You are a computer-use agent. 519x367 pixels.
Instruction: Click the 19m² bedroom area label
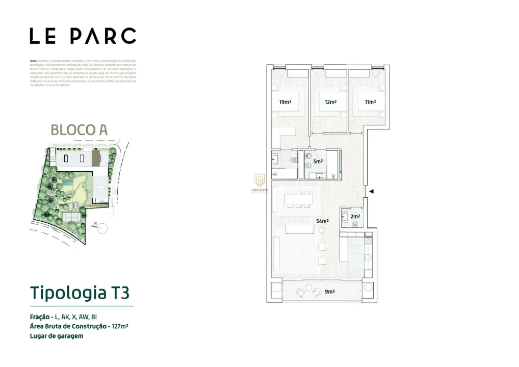tap(285, 102)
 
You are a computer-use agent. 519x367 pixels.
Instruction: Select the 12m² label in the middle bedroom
tap(330, 102)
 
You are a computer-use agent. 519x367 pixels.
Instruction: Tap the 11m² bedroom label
tap(370, 102)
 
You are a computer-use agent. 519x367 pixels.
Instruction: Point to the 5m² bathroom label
tap(318, 161)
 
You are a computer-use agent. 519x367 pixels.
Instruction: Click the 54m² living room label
tap(322, 221)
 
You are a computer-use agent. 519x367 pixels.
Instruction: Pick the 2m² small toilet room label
tap(355, 216)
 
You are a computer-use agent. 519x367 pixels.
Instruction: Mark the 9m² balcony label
tap(330, 292)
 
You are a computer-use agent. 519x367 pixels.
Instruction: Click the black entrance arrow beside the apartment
tap(372, 192)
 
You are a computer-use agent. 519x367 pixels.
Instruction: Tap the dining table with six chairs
tap(299, 200)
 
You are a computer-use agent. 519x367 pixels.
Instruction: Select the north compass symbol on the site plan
tap(102, 229)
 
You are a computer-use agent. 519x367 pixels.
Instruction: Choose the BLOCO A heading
tap(79, 129)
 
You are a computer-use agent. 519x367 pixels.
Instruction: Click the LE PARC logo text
tap(83, 36)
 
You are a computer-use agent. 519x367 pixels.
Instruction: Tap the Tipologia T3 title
tap(80, 293)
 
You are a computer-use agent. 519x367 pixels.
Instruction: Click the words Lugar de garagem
tap(57, 336)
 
